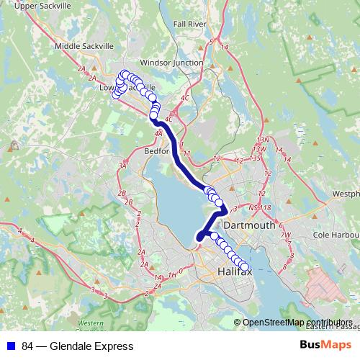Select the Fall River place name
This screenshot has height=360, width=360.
click(x=189, y=24)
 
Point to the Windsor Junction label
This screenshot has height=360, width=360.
click(x=171, y=63)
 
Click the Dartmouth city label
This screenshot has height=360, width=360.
click(x=249, y=225)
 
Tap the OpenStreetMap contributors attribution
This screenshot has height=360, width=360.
click(x=297, y=323)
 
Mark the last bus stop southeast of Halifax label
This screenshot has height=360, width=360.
click(x=244, y=267)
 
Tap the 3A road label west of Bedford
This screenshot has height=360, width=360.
click(x=123, y=166)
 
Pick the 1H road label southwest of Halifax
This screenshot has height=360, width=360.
click(x=171, y=274)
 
